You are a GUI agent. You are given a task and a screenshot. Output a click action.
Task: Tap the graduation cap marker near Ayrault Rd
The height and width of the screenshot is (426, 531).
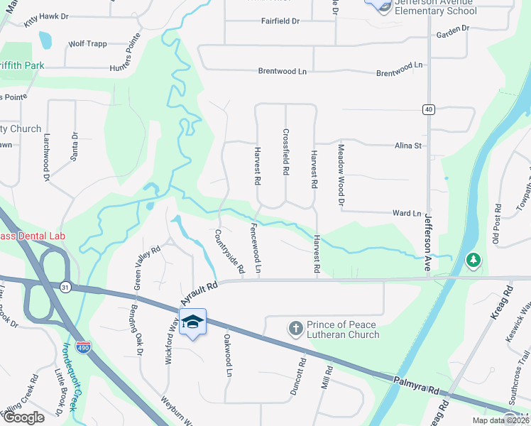point(192,322)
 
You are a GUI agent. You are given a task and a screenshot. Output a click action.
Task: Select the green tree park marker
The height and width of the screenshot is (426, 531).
point(473,261)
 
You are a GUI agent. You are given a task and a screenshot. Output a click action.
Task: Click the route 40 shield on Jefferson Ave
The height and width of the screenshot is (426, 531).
point(427,109)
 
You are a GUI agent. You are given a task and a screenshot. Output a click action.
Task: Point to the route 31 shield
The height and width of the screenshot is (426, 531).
point(65,286)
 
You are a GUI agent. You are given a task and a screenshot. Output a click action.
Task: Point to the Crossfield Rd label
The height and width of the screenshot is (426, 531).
point(286,152)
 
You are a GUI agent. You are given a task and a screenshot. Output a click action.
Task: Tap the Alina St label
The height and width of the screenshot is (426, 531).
point(408,146)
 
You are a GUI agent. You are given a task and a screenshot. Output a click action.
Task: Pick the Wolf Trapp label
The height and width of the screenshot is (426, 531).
point(87,43)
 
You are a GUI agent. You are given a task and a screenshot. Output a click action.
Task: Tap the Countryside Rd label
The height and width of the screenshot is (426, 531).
point(229,251)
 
